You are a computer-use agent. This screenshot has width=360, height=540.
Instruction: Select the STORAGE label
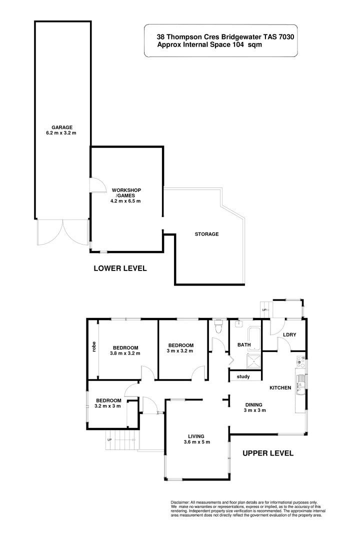(x=206, y=234)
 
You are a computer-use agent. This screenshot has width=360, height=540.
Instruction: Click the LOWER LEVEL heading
(x=120, y=268)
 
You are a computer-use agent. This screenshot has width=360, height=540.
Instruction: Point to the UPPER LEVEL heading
(x=267, y=453)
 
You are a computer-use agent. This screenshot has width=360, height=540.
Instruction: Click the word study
(x=243, y=377)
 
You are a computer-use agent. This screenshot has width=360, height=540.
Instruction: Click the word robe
(x=93, y=346)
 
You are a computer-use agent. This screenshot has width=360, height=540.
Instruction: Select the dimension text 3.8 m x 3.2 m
(x=125, y=353)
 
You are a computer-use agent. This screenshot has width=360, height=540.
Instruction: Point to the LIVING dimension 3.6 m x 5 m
(x=196, y=441)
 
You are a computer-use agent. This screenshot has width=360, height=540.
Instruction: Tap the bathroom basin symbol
(x=238, y=323)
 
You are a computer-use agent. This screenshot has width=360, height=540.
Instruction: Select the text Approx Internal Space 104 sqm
(x=209, y=44)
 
